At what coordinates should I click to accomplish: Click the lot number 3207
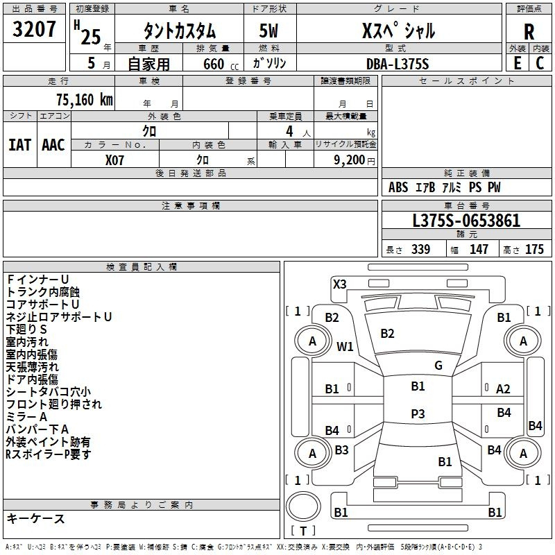pyautogui.click(x=34, y=29)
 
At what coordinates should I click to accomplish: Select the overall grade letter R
pyautogui.click(x=529, y=32)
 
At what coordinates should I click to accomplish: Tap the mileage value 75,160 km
pyautogui.click(x=85, y=100)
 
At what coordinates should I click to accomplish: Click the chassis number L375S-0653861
pyautogui.click(x=466, y=221)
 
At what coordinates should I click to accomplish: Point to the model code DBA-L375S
pyautogui.click(x=398, y=64)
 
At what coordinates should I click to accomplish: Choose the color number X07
pyautogui.click(x=114, y=160)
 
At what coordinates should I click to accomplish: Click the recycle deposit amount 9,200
pyautogui.click(x=350, y=160)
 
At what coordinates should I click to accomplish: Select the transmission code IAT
pyautogui.click(x=20, y=145)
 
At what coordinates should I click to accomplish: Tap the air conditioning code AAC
pyautogui.click(x=53, y=145)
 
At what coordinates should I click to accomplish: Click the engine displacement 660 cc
pyautogui.click(x=221, y=64)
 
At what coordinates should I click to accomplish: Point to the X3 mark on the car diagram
pyautogui.click(x=340, y=284)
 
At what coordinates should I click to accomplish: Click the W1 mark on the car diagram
pyautogui.click(x=345, y=346)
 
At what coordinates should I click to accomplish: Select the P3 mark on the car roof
pyautogui.click(x=418, y=413)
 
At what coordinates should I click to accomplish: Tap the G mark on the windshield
pyautogui.click(x=438, y=366)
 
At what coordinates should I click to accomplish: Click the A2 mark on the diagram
pyautogui.click(x=503, y=389)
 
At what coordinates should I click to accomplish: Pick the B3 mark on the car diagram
pyautogui.click(x=341, y=450)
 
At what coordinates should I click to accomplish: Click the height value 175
pyautogui.click(x=534, y=249)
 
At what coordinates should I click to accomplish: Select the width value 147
pyautogui.click(x=479, y=249)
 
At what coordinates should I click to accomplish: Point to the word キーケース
pyautogui.click(x=36, y=518)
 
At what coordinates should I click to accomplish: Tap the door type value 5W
pyautogui.click(x=268, y=31)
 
